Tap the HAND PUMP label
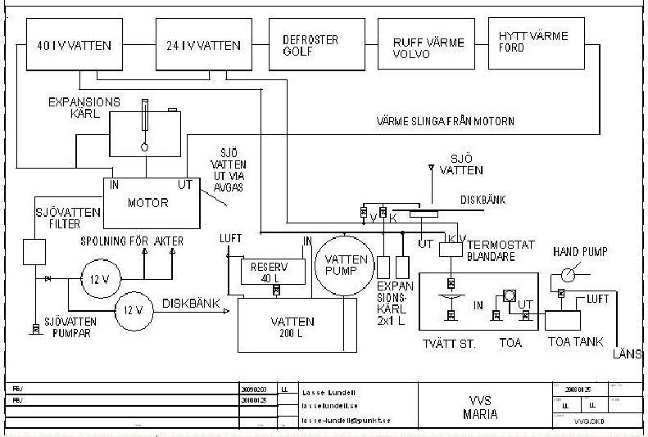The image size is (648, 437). pos(583,251)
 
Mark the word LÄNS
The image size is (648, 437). pos(627,354)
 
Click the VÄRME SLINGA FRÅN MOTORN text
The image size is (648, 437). pos(446,122)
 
